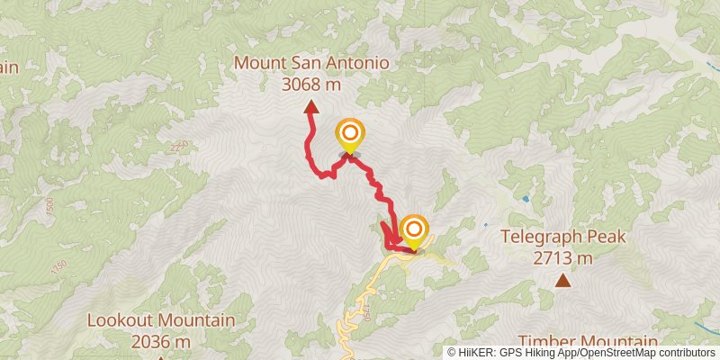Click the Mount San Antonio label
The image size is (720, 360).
(311, 64)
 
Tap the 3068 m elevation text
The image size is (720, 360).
(311, 84)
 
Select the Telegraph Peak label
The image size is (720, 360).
(562, 238)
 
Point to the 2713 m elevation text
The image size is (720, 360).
(562, 258)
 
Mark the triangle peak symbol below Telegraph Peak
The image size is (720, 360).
(562, 282)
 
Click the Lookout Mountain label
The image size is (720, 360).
(161, 320)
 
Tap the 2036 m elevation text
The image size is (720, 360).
(161, 341)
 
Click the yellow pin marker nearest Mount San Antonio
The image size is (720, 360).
(350, 137)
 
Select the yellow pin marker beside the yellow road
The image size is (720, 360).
(413, 231)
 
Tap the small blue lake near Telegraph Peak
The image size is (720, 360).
(525, 198)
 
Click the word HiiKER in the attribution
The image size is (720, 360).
(475, 353)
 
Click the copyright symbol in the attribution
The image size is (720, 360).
(452, 353)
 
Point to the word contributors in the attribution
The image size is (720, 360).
(688, 353)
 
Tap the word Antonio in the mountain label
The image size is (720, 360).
(355, 64)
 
